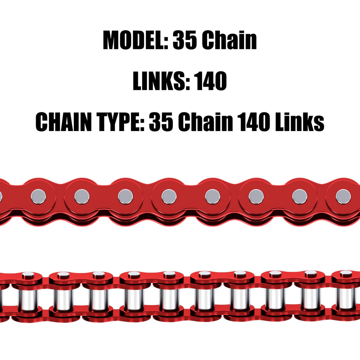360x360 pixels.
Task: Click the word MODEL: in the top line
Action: point(136,40)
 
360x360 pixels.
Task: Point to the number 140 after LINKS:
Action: point(210,81)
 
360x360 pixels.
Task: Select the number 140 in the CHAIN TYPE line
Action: point(254,122)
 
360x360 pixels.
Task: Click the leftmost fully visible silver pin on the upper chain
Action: point(39,197)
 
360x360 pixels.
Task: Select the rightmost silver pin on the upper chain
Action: point(343,197)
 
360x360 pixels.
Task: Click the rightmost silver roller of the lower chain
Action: point(346,299)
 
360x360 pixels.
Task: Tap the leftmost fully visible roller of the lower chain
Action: point(28,300)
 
